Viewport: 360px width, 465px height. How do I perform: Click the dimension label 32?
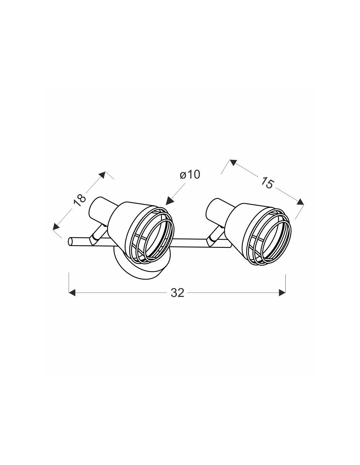tap(177, 293)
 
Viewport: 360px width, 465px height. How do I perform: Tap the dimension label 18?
tap(79, 200)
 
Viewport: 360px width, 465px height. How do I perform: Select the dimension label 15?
tap(267, 182)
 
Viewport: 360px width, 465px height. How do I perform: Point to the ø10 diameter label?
tap(190, 175)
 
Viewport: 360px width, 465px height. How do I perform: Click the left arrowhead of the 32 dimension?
tap(72, 293)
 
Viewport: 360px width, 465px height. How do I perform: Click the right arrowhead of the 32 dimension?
tap(282, 293)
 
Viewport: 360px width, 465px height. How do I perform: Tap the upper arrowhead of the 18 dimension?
tap(102, 175)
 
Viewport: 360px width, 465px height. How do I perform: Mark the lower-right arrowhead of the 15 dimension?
tap(300, 202)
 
